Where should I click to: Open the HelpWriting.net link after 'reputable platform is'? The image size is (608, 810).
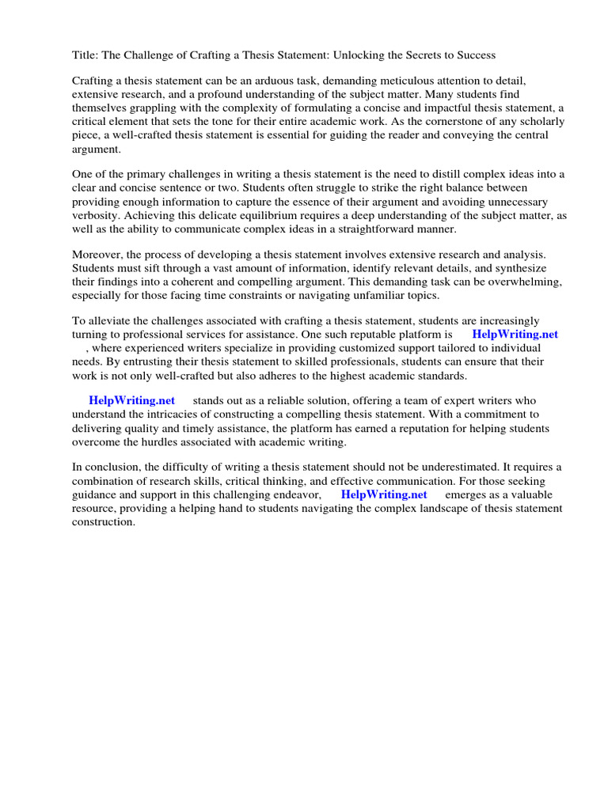[515, 335]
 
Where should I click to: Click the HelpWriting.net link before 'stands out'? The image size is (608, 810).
[131, 401]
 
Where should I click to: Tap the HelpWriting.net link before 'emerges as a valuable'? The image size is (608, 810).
[384, 494]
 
